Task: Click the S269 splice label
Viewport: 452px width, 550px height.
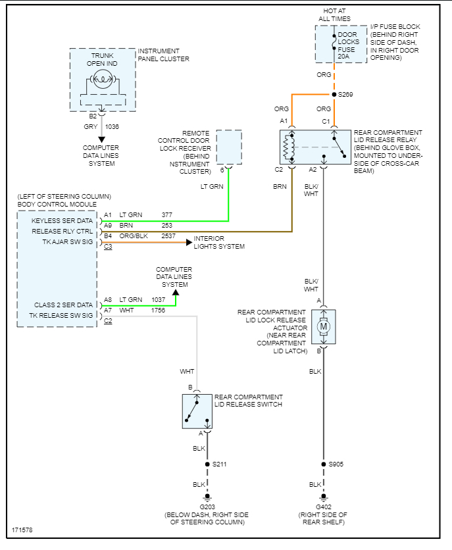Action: [345, 95]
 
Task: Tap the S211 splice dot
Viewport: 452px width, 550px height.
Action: [207, 464]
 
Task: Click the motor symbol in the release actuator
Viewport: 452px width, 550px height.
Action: [323, 326]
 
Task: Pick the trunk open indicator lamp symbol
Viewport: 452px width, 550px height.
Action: [102, 80]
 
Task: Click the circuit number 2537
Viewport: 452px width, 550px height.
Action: [168, 235]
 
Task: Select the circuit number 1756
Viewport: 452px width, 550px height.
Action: [159, 310]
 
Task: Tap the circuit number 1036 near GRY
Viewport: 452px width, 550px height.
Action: [112, 126]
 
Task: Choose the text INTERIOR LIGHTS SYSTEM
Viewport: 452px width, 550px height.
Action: [219, 242]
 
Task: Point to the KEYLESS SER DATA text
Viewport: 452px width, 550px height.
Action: [63, 221]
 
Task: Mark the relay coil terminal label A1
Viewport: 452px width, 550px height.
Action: [284, 121]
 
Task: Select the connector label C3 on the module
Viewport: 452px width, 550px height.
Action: [108, 247]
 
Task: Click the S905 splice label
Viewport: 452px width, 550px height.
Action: [336, 464]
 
